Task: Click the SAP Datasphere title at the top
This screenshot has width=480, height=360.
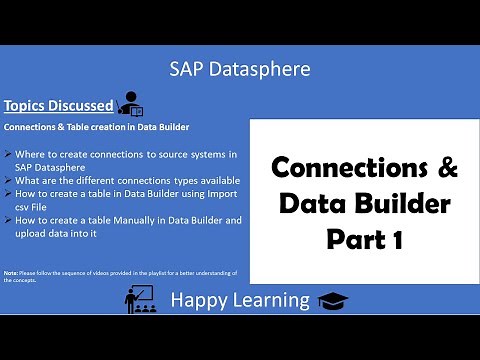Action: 240,69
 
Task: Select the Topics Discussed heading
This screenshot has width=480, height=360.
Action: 58,105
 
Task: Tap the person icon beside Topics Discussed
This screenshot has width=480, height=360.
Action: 130,103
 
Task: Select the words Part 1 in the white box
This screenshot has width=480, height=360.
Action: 364,239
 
